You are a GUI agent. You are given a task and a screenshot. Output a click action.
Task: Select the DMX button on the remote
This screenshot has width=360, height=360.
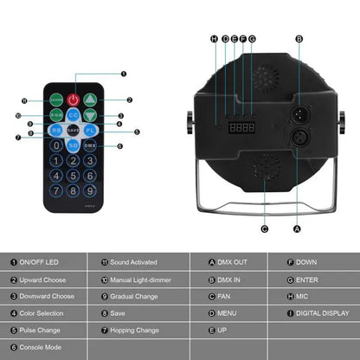coord(90,145)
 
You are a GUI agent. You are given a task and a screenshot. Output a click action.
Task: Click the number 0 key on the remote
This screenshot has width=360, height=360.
coord(56,145)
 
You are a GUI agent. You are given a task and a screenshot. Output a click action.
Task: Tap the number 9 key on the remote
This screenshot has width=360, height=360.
coord(90,190)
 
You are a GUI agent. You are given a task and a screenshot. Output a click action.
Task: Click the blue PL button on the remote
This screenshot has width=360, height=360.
coord(90,130)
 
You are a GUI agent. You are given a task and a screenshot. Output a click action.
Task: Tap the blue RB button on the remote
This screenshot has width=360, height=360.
coord(56,130)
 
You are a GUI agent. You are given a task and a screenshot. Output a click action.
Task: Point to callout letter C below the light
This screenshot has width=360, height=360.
coord(264,228)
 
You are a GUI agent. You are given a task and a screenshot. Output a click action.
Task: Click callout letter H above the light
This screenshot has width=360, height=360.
coord(214,39)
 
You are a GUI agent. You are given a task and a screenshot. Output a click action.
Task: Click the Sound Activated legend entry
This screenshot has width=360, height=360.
coord(134,260)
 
